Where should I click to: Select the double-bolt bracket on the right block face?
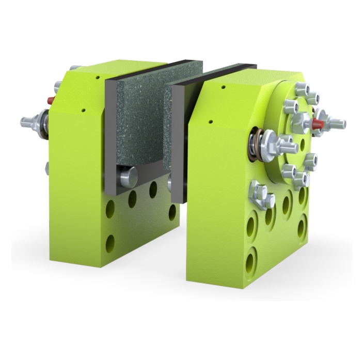[261, 195]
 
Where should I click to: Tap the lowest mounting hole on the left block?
[111, 243]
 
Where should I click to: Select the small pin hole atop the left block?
[98, 77]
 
